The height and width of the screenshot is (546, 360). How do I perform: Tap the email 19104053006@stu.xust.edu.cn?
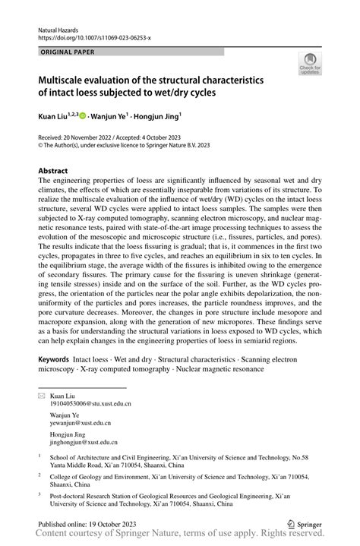tap(90, 404)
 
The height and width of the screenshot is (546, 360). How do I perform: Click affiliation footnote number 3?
tap(39, 493)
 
